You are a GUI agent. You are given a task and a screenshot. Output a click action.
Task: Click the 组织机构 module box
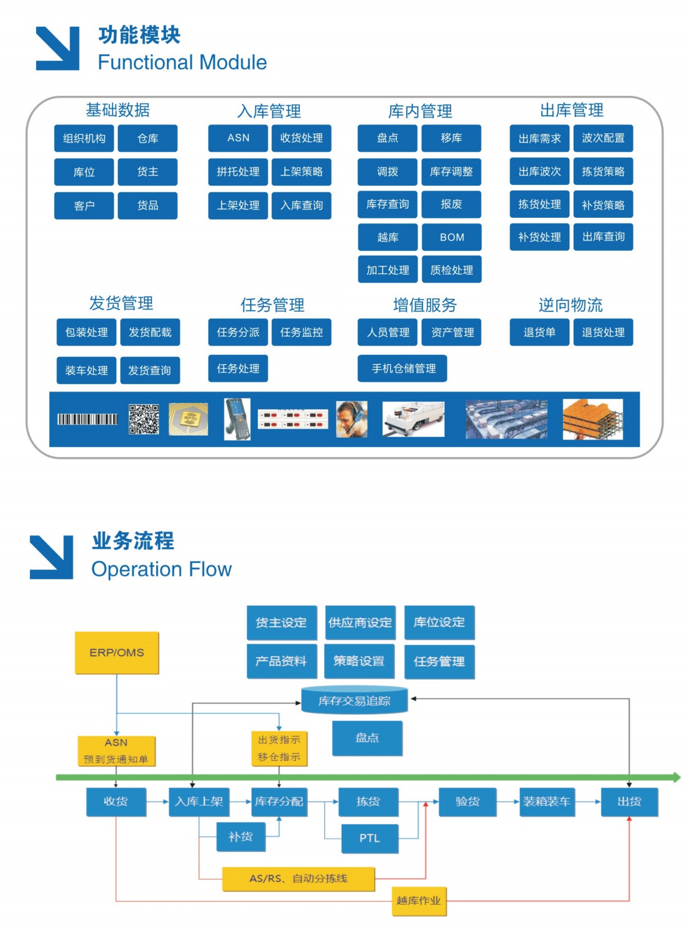click(84, 138)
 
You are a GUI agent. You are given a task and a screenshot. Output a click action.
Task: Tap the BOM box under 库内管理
click(452, 237)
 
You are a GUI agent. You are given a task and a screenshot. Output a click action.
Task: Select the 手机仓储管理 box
click(403, 369)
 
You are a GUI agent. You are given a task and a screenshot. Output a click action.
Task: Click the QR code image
click(144, 419)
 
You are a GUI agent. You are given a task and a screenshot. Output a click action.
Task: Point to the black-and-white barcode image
click(88, 419)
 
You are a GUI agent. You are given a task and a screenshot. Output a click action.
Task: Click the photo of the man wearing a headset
click(352, 419)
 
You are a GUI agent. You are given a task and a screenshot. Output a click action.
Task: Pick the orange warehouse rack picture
click(592, 419)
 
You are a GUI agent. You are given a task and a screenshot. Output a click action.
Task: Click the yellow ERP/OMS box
click(117, 652)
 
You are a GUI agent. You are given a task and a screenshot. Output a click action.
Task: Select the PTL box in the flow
click(370, 838)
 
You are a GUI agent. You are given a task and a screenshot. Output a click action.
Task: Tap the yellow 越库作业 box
click(419, 901)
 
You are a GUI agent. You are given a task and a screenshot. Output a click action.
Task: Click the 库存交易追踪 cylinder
click(355, 701)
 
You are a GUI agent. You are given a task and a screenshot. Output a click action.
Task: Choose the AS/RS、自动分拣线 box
click(299, 878)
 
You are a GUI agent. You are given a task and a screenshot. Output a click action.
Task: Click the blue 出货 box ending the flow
click(629, 801)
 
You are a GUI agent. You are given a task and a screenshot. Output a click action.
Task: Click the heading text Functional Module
click(182, 62)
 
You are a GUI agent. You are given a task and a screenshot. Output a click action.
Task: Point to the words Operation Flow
click(162, 569)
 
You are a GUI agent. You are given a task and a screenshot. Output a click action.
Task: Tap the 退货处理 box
click(603, 332)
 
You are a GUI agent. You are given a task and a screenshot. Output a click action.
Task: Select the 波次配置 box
click(603, 138)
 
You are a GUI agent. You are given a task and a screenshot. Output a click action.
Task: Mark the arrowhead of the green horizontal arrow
click(676, 777)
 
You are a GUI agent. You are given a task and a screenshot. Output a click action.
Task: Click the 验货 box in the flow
click(467, 801)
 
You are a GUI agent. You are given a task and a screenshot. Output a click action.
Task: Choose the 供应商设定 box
click(360, 623)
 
